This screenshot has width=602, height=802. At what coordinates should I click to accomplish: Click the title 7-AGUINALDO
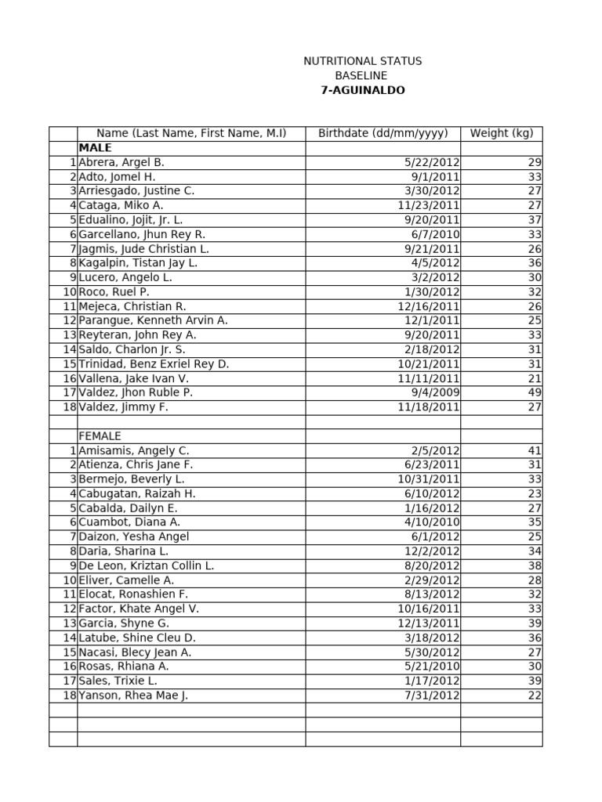362,90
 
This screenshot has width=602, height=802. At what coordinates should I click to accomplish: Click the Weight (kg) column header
501,133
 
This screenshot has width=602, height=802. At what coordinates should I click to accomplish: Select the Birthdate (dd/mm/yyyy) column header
383,133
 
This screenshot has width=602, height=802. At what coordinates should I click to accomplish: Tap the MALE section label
95,148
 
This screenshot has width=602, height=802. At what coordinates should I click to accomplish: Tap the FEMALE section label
100,436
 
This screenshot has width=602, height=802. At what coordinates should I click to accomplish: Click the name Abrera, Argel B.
121,162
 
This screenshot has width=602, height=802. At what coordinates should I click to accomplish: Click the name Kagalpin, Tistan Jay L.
138,263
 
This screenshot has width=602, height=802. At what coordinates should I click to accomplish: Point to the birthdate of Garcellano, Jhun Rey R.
440,234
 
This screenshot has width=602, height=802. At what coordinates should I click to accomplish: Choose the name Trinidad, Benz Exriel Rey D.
154,364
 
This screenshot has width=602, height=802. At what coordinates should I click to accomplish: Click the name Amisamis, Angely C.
134,450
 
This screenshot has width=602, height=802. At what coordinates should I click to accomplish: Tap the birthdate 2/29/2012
435,580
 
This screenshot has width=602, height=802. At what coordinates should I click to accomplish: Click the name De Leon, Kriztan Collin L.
147,565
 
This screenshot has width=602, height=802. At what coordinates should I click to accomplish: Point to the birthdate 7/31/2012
435,695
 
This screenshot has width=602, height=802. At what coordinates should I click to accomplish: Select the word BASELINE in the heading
361,76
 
